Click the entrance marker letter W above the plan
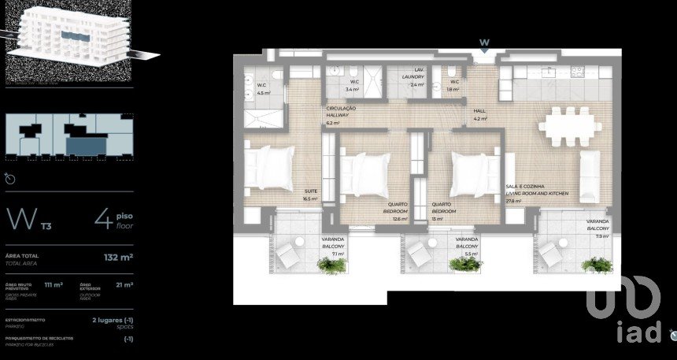pos(485,43)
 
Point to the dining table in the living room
pos(567,126)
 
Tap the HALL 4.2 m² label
pos(480,116)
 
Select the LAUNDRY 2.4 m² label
pos(413,76)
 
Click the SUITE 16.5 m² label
pos(309,195)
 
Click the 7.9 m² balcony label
pos(597,228)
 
